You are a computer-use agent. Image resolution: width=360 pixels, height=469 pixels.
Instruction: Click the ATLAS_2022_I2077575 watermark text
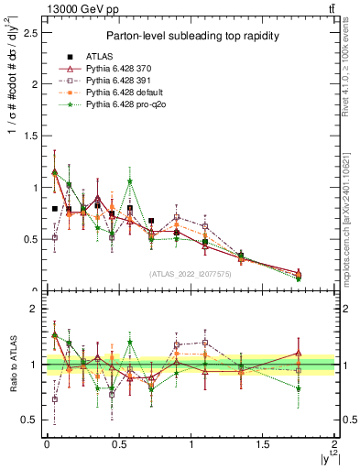tap(188, 273)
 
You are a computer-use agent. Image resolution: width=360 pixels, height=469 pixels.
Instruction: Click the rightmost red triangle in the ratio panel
tap(299, 353)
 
